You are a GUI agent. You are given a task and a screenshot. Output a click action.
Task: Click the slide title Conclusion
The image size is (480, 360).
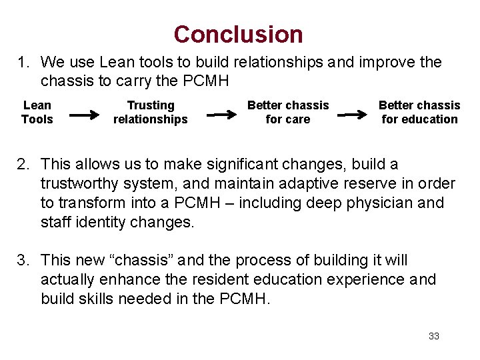point(238,34)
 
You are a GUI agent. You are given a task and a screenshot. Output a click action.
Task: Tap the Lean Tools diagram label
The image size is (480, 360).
point(37,112)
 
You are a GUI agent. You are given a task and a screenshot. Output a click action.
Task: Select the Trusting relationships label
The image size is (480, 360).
point(151,112)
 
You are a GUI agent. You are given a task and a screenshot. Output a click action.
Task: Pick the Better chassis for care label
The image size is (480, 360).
point(288,112)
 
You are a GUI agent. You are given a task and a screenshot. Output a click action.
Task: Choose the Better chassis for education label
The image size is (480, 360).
point(419,112)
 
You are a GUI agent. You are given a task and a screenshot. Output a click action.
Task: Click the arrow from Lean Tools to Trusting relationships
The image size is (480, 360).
point(85,115)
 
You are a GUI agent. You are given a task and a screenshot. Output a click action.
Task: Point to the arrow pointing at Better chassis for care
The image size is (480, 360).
point(221,115)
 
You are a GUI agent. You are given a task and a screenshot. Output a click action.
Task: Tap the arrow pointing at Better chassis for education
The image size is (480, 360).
point(351,115)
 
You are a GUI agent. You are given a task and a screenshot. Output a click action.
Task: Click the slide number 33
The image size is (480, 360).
point(434,336)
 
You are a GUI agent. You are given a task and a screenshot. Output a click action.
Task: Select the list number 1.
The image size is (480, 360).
point(24,63)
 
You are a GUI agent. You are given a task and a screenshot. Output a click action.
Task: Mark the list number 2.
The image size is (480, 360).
point(24,164)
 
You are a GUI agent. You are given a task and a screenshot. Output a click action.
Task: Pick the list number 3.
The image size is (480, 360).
point(24,261)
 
